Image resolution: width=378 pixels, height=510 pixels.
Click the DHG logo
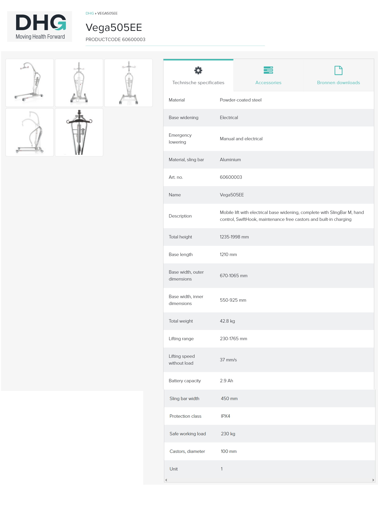[x=40, y=26]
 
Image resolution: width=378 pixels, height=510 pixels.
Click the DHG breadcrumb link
[x=90, y=13]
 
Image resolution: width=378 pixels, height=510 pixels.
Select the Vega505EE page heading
[x=114, y=28]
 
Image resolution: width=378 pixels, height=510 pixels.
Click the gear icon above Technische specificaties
[x=198, y=70]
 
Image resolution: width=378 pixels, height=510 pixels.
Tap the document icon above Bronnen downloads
[x=338, y=70]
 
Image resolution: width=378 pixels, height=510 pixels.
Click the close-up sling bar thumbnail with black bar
[x=79, y=132]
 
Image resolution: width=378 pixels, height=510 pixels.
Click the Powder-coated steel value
[x=241, y=100]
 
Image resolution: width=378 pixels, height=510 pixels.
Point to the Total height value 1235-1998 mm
[x=234, y=237]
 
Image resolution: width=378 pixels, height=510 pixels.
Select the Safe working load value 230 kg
[x=228, y=434]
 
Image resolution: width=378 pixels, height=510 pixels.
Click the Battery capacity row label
[x=185, y=381]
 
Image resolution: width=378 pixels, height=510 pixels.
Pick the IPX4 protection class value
[x=225, y=416]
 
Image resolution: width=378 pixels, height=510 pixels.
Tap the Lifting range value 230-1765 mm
[x=233, y=339]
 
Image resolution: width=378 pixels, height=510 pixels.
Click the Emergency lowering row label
[x=180, y=138]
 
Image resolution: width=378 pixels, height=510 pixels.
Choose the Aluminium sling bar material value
[x=230, y=160]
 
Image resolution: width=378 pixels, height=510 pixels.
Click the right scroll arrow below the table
[x=373, y=480]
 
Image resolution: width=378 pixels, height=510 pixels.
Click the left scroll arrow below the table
[x=166, y=480]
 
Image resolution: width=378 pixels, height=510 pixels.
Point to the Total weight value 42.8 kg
[x=227, y=321]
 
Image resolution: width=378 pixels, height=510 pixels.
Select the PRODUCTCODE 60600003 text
[x=115, y=40]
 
